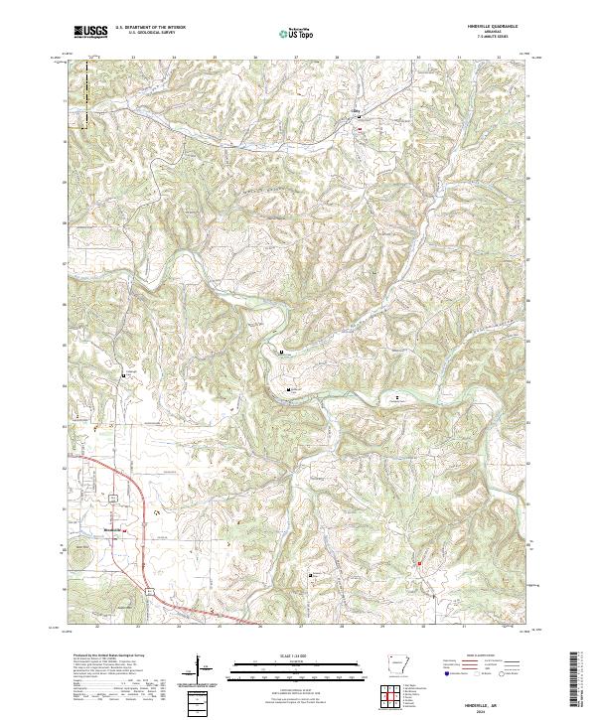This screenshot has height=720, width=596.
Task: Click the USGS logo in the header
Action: (x=90, y=32)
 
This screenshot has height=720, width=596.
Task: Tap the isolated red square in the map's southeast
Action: (x=419, y=564)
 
